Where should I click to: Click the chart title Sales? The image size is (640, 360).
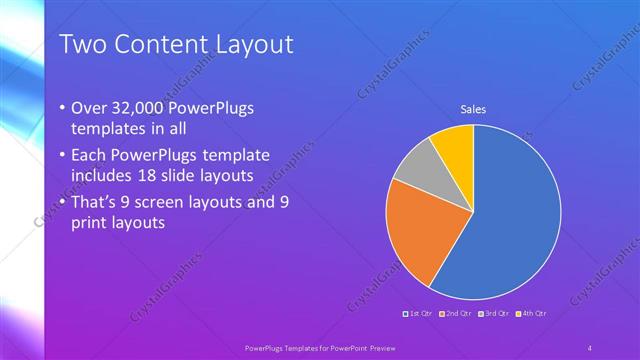(x=473, y=109)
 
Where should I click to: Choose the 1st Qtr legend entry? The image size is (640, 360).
(x=417, y=314)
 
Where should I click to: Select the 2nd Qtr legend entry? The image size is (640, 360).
(x=456, y=314)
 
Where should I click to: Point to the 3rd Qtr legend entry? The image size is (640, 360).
(x=493, y=314)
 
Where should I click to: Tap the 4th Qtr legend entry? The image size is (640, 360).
(x=531, y=314)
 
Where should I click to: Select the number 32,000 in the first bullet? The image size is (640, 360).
(x=135, y=108)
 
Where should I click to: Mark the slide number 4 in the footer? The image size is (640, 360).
(x=590, y=347)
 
